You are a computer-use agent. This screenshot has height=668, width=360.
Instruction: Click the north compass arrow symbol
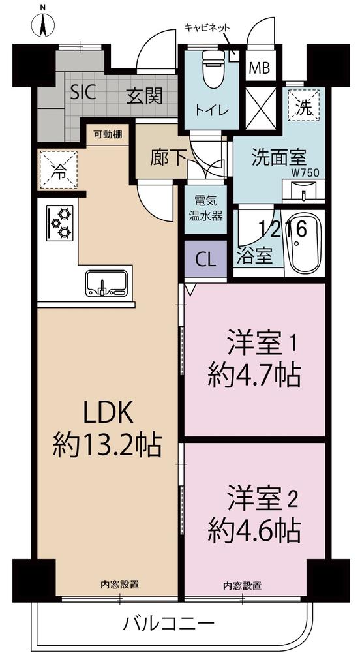(x=42, y=25)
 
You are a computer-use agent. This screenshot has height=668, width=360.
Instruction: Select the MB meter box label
(x=260, y=68)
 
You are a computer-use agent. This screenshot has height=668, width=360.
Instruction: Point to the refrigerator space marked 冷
(x=59, y=170)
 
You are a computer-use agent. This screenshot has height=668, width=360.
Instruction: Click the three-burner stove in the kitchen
(x=59, y=223)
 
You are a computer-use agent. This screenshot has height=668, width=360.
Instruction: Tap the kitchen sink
(x=106, y=283)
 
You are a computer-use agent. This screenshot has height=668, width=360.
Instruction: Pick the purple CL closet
(x=205, y=260)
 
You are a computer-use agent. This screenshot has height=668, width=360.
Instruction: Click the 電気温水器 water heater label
(x=205, y=208)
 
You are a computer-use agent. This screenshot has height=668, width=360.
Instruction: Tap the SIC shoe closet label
(x=83, y=92)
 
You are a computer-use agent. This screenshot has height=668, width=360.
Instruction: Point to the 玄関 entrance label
(x=144, y=97)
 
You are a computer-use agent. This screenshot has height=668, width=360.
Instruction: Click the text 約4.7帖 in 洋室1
(x=254, y=374)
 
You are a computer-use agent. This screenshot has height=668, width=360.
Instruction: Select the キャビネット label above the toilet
(x=207, y=27)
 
